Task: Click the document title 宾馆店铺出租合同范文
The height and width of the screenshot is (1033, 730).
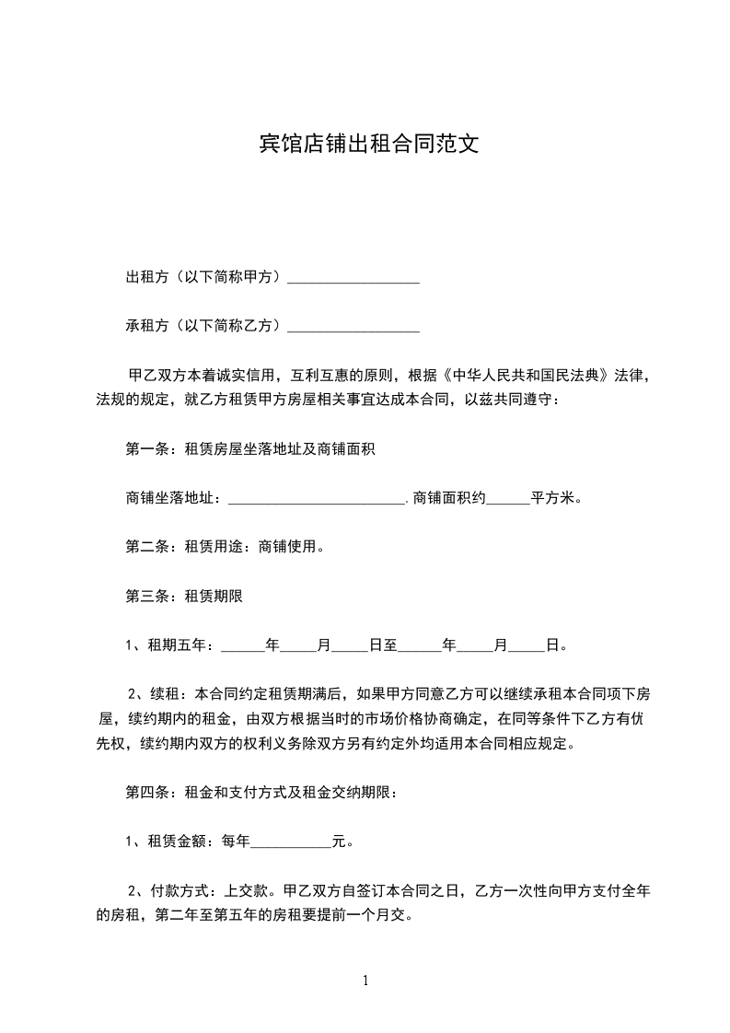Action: coord(365,145)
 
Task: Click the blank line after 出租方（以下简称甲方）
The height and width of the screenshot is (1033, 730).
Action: coord(353,280)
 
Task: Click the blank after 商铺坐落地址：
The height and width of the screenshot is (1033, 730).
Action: coord(316,500)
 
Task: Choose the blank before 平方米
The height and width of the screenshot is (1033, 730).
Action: coord(507,500)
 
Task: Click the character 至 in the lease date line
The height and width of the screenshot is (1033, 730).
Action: coord(390,645)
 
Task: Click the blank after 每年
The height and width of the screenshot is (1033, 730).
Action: coord(291,841)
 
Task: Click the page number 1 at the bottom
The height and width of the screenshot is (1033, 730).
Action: coord(365,980)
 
